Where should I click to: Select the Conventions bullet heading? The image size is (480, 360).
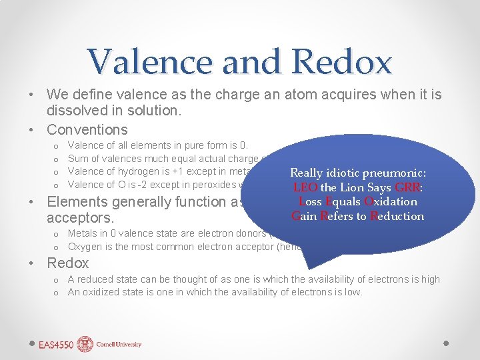pyautogui.click(x=87, y=129)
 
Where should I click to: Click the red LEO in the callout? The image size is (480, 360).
pyautogui.click(x=305, y=187)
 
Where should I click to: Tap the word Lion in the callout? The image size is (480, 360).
pyautogui.click(x=351, y=187)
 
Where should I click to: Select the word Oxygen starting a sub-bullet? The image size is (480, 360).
pyautogui.click(x=85, y=247)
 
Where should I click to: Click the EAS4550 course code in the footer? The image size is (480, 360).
pyautogui.click(x=57, y=344)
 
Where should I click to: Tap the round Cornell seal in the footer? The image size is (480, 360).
pyautogui.click(x=85, y=344)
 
